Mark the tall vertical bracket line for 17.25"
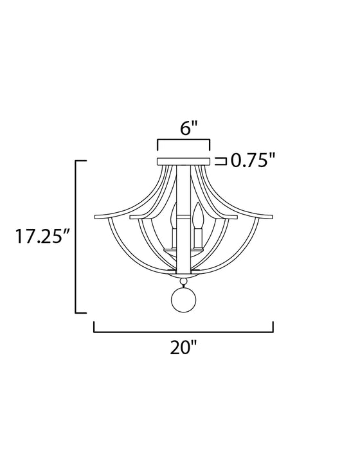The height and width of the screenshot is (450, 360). point(77,237)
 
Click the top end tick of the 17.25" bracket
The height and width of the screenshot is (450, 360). point(82,160)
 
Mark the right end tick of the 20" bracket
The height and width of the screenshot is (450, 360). point(274,327)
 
